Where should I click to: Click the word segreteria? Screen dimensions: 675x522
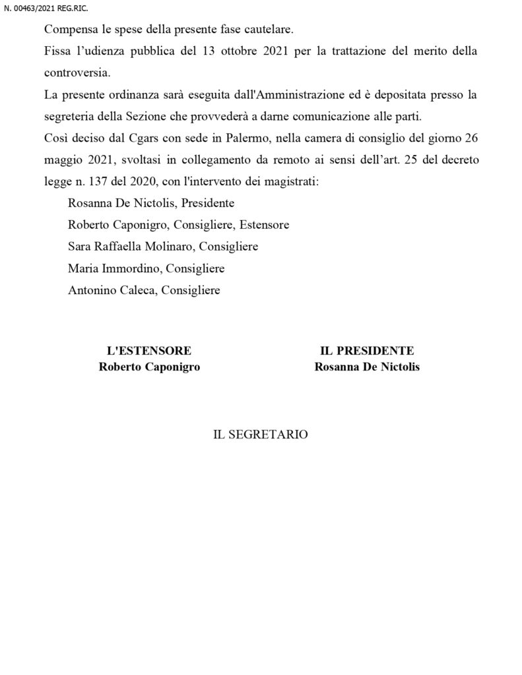coord(72,116)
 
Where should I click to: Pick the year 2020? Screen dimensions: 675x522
coord(141,181)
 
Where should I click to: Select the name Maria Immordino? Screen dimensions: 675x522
coord(114,268)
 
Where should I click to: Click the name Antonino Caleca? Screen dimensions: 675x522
coord(111,289)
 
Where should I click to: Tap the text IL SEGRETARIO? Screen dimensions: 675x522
coord(260,435)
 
